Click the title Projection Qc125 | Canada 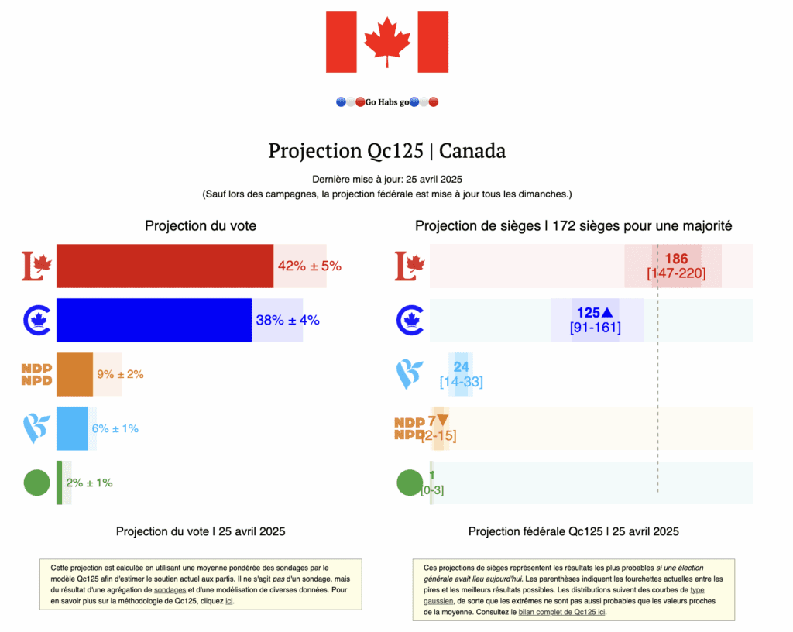click(386, 150)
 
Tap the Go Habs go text click(387, 102)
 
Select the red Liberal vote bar click(164, 266)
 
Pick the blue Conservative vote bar click(153, 320)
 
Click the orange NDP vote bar click(74, 374)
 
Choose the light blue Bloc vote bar click(72, 428)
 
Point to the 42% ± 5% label click(309, 266)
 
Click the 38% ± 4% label click(287, 320)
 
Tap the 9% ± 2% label click(120, 374)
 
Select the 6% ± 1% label click(115, 428)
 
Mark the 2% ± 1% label click(89, 483)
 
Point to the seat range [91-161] click(595, 327)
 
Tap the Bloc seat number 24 click(461, 367)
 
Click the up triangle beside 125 click(607, 313)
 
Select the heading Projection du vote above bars click(201, 226)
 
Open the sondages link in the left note click(166, 590)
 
